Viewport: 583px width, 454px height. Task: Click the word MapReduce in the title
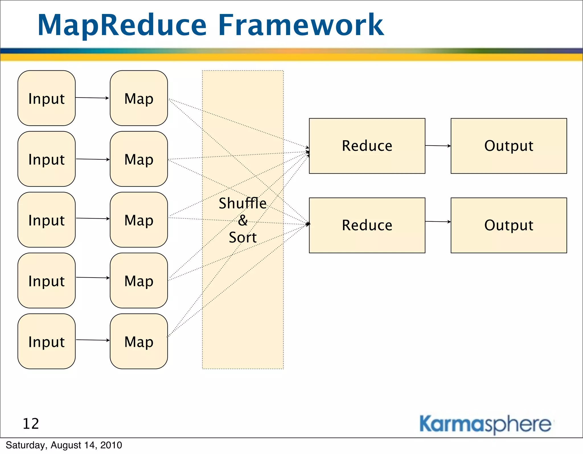pos(122,26)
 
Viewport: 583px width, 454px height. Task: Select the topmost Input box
pos(46,98)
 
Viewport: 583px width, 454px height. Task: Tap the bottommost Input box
pos(46,341)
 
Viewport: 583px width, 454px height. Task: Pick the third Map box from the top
pos(139,219)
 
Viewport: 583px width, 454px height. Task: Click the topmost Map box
pos(139,98)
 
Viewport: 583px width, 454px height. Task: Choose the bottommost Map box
pos(139,341)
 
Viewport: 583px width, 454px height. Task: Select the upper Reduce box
pos(367,146)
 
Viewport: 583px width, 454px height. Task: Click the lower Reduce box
pos(367,225)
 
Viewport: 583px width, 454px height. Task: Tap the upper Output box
pos(509,146)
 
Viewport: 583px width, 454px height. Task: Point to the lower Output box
pos(509,225)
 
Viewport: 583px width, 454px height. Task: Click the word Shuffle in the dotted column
pos(243,203)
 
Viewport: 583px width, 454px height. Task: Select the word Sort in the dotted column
pos(243,237)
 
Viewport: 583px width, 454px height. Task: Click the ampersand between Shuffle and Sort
pos(243,220)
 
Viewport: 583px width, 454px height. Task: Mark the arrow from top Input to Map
pos(92,98)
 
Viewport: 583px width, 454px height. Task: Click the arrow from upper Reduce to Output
pos(438,146)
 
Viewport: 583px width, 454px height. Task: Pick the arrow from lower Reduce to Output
pos(438,221)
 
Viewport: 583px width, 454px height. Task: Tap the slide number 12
pos(31,424)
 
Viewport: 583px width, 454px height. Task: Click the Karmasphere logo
pos(485,424)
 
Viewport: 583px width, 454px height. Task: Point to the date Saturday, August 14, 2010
pos(64,445)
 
